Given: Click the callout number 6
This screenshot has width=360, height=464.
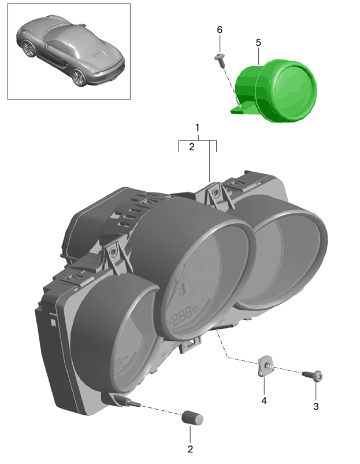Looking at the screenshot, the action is (220, 29).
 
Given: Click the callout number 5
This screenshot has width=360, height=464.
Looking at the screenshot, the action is (258, 43).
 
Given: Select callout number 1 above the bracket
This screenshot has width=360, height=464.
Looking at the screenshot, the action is (197, 128).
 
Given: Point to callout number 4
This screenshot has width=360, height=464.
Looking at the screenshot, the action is (264, 400).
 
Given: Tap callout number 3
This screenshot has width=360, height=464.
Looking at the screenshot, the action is (316, 406).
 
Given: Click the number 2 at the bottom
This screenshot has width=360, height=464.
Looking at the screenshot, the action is (190, 449).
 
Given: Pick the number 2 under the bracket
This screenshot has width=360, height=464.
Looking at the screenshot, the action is (192, 147).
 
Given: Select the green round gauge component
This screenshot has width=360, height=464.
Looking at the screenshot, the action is (275, 90).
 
